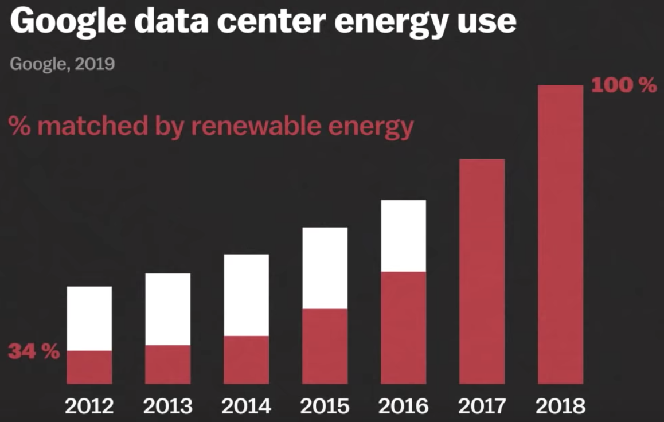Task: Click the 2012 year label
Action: click(89, 406)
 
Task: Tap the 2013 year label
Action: click(167, 406)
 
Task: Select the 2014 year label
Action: click(246, 406)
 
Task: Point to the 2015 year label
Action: click(325, 406)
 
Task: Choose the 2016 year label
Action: click(403, 406)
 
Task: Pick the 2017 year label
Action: click(482, 406)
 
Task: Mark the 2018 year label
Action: click(560, 406)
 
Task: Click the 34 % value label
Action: click(33, 351)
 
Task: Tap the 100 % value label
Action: click(623, 86)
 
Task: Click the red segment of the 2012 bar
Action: click(89, 367)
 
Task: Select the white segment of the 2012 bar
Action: click(89, 318)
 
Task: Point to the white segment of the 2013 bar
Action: click(167, 309)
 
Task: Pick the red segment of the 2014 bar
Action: click(246, 360)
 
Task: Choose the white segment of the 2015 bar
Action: click(325, 268)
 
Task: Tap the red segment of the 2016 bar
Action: click(403, 327)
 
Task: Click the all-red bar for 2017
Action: click(482, 271)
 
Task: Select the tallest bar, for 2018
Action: click(560, 234)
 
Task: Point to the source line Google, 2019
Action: click(62, 63)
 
